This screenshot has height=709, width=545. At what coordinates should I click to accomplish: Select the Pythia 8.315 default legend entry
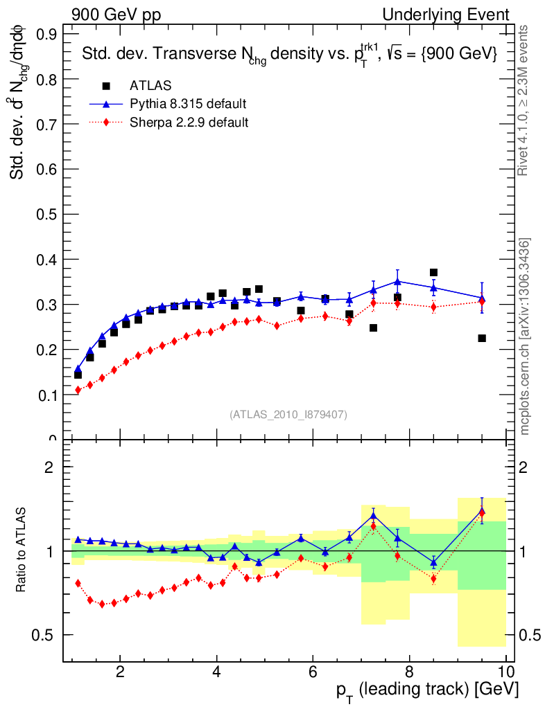click(x=187, y=104)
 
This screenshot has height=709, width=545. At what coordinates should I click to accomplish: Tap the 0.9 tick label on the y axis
click(x=46, y=34)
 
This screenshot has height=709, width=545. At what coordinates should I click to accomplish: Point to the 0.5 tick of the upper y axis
click(x=46, y=214)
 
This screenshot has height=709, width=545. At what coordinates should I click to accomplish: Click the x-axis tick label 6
click(x=313, y=671)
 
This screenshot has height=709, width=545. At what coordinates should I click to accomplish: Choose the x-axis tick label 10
click(x=505, y=671)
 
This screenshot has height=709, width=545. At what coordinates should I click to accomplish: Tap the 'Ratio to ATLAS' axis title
click(x=22, y=550)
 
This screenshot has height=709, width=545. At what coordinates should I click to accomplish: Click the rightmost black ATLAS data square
click(x=482, y=338)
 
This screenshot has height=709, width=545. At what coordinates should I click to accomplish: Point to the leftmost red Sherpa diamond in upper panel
click(x=78, y=390)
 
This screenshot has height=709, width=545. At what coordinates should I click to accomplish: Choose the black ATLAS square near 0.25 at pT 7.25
click(x=373, y=327)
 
